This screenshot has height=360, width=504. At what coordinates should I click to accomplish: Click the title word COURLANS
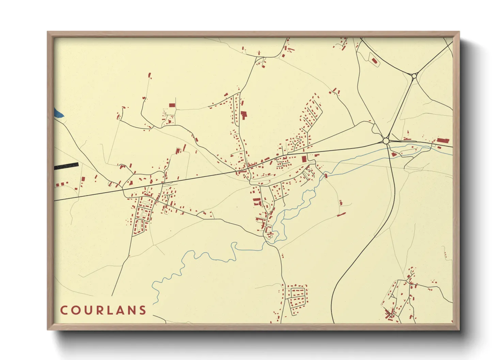click(x=103, y=310)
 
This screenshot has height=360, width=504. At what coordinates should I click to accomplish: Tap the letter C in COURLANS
click(x=64, y=310)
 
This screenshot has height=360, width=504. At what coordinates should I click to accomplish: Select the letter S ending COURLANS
click(x=143, y=310)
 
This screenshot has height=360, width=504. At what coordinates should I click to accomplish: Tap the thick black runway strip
click(x=66, y=166)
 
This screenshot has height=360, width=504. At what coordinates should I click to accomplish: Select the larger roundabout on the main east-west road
click(x=386, y=141)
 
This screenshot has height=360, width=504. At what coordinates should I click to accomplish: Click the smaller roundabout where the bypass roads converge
click(x=414, y=76)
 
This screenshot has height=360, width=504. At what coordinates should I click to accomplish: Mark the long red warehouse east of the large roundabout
click(x=443, y=140)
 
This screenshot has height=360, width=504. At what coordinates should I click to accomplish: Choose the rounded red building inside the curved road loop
click(x=374, y=61)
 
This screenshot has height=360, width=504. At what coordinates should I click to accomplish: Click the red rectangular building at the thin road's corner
click(x=172, y=105)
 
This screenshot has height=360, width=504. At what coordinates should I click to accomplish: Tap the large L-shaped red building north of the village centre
click(x=243, y=115)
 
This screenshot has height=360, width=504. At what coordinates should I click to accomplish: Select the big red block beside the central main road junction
click(x=304, y=159)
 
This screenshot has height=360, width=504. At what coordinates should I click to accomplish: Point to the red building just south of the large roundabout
click(x=394, y=154)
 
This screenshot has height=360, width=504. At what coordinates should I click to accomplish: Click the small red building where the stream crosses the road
click(x=326, y=176)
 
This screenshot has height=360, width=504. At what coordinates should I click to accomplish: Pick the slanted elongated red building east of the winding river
click(x=341, y=214)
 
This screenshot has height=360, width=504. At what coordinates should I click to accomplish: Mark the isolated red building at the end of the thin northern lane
click(x=149, y=75)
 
